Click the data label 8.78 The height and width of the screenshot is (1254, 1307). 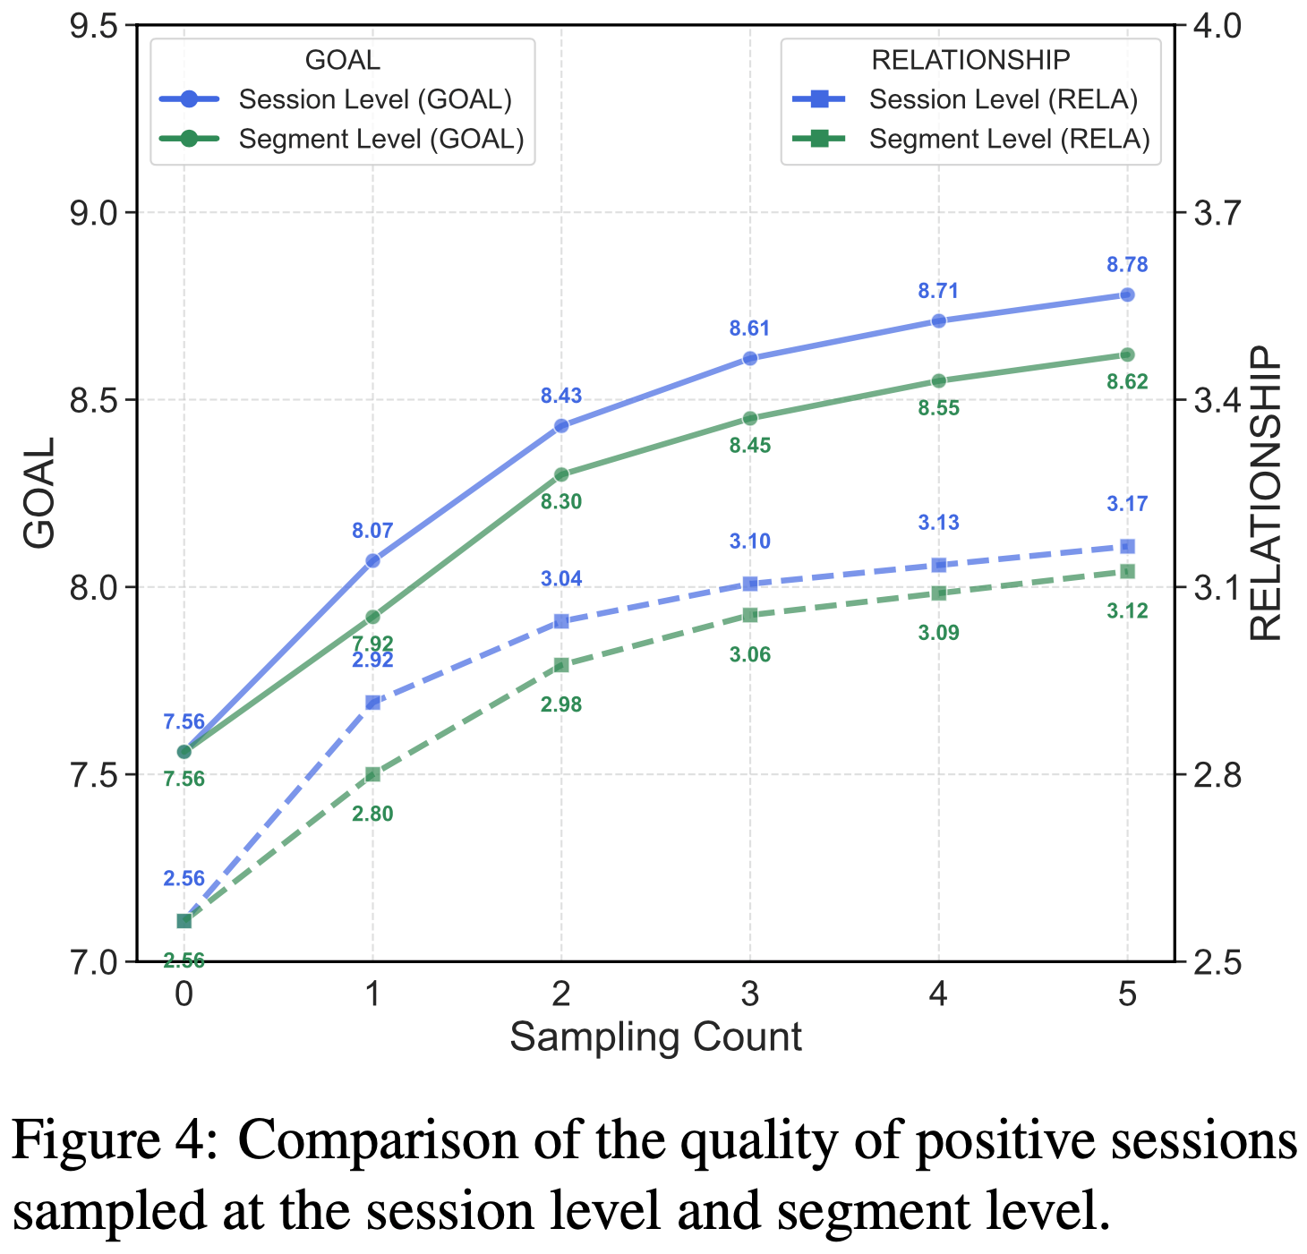point(1126,265)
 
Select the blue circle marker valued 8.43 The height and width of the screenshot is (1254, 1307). point(561,426)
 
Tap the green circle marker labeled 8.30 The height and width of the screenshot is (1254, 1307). point(561,474)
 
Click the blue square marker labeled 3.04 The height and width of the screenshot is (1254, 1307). point(561,621)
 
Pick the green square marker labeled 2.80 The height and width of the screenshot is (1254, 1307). point(372,774)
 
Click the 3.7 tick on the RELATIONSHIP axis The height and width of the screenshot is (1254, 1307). point(1214,213)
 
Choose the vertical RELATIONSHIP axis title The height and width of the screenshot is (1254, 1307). point(1266,493)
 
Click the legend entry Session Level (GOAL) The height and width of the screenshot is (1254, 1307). point(375,99)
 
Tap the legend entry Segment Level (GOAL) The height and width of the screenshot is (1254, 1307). point(381,140)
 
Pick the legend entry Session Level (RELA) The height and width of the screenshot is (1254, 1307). point(1004,99)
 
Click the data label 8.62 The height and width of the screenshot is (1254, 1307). point(1126,382)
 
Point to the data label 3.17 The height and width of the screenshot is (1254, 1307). point(1126,504)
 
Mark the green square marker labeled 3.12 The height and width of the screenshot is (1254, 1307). point(1127,571)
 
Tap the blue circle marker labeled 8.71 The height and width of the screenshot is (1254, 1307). point(938,320)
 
